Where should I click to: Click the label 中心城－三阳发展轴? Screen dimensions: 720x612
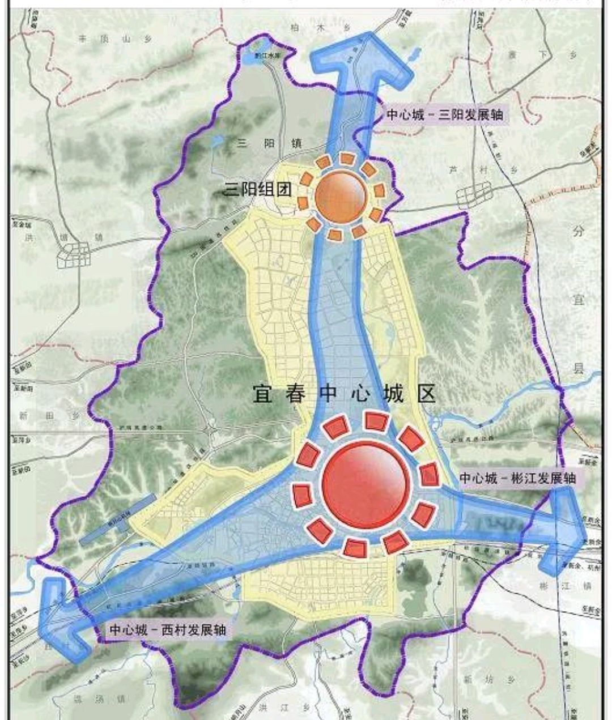tap(445, 114)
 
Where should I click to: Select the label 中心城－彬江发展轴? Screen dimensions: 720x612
tap(517, 478)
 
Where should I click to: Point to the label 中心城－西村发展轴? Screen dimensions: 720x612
tap(167, 629)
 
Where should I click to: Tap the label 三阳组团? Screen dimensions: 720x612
tap(258, 189)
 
